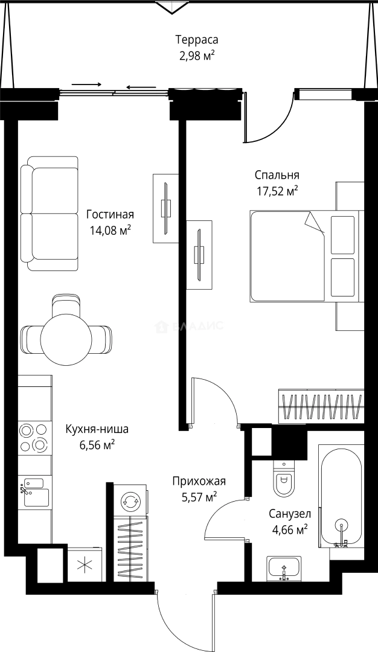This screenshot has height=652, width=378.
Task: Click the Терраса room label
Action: pos(196,40)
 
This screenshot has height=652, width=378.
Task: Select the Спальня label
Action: pos(277,176)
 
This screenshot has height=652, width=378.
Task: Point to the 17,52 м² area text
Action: pos(277,191)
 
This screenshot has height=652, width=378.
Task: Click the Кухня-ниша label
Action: pos(97,430)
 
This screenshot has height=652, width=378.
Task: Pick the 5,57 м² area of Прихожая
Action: pos(199,497)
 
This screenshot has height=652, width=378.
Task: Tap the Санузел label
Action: pos(290,514)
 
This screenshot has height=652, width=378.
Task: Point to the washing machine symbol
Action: pos(130,500)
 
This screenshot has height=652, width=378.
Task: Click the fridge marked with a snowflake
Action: pos(85,565)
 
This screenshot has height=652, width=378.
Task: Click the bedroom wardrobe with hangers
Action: pos(321,406)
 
